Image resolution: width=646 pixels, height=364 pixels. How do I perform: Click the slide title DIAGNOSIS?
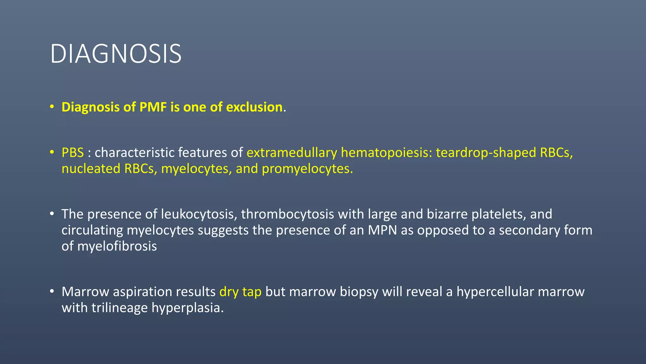tap(116, 54)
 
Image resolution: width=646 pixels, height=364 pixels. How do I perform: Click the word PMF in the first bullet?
tap(153, 107)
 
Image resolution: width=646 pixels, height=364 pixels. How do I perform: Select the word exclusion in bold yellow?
tap(254, 107)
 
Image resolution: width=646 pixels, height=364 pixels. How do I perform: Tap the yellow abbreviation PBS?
tap(73, 153)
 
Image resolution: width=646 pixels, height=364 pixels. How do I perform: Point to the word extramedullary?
tap(292, 153)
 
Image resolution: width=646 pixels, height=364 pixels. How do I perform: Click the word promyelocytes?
tap(307, 169)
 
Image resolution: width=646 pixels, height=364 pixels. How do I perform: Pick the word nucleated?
tap(91, 169)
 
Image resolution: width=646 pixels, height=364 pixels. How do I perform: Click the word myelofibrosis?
tap(117, 246)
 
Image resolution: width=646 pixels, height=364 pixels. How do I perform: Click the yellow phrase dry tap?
tap(240, 292)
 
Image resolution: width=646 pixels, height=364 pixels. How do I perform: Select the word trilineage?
tap(120, 308)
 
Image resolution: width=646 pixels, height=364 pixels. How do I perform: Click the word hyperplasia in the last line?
tap(187, 308)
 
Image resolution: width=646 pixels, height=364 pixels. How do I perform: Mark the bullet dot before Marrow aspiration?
tap(52, 291)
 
